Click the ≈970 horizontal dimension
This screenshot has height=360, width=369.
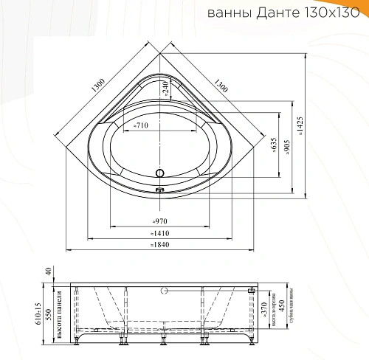pyautogui.click(x=159, y=221)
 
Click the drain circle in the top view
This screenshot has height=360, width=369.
pyautogui.click(x=159, y=175)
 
